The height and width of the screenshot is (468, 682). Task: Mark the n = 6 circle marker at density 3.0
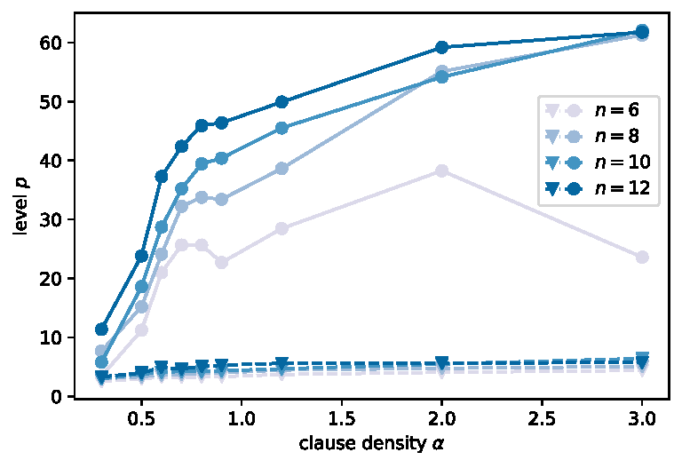click(642, 257)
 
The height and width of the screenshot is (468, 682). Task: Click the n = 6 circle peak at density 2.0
click(441, 171)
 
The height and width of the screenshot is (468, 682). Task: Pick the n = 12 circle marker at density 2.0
click(441, 47)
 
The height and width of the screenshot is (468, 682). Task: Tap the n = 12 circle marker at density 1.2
click(282, 102)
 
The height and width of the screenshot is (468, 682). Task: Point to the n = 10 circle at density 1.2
click(282, 128)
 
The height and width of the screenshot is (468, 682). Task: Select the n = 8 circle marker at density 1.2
click(282, 168)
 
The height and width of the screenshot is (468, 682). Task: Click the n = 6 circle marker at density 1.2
click(282, 228)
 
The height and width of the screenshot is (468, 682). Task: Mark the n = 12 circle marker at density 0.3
click(101, 329)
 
